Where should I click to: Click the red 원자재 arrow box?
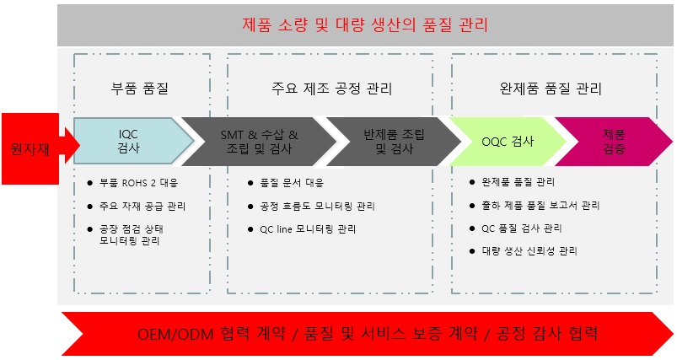tap(28, 148)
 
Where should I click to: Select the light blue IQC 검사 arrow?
tap(128, 141)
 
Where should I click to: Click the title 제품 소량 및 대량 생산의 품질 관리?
tap(366, 25)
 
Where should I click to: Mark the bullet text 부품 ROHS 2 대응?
tap(138, 182)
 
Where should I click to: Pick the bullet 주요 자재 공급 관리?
tap(142, 205)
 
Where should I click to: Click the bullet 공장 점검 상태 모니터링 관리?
tap(135, 234)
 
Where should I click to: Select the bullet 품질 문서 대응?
tap(291, 182)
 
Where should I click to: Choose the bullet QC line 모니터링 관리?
tap(307, 228)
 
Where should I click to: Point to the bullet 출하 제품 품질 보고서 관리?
tap(540, 205)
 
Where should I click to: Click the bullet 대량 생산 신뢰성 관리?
tap(529, 251)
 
